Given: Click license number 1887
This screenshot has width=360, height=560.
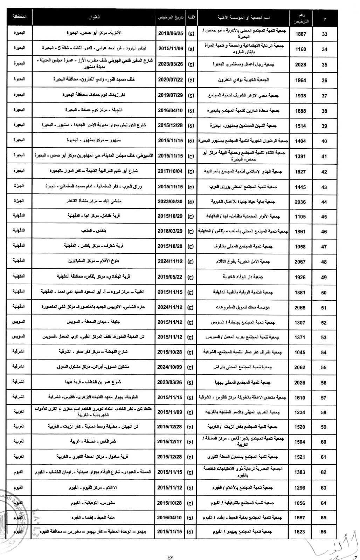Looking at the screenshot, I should [301, 34].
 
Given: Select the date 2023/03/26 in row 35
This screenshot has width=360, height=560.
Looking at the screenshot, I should [170, 64].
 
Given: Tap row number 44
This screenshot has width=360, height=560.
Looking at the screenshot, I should [324, 202].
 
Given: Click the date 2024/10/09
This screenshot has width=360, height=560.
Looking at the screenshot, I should [170, 368].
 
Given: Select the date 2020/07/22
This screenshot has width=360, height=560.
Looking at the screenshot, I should [170, 80].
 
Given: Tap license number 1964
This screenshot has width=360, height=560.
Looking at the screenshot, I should [300, 80].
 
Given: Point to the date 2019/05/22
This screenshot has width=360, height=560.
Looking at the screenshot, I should [170, 277].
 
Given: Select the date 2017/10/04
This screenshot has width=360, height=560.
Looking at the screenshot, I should [170, 171].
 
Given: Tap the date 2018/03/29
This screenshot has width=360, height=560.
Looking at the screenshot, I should [170, 231].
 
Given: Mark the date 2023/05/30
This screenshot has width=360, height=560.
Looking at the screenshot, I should [170, 202].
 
